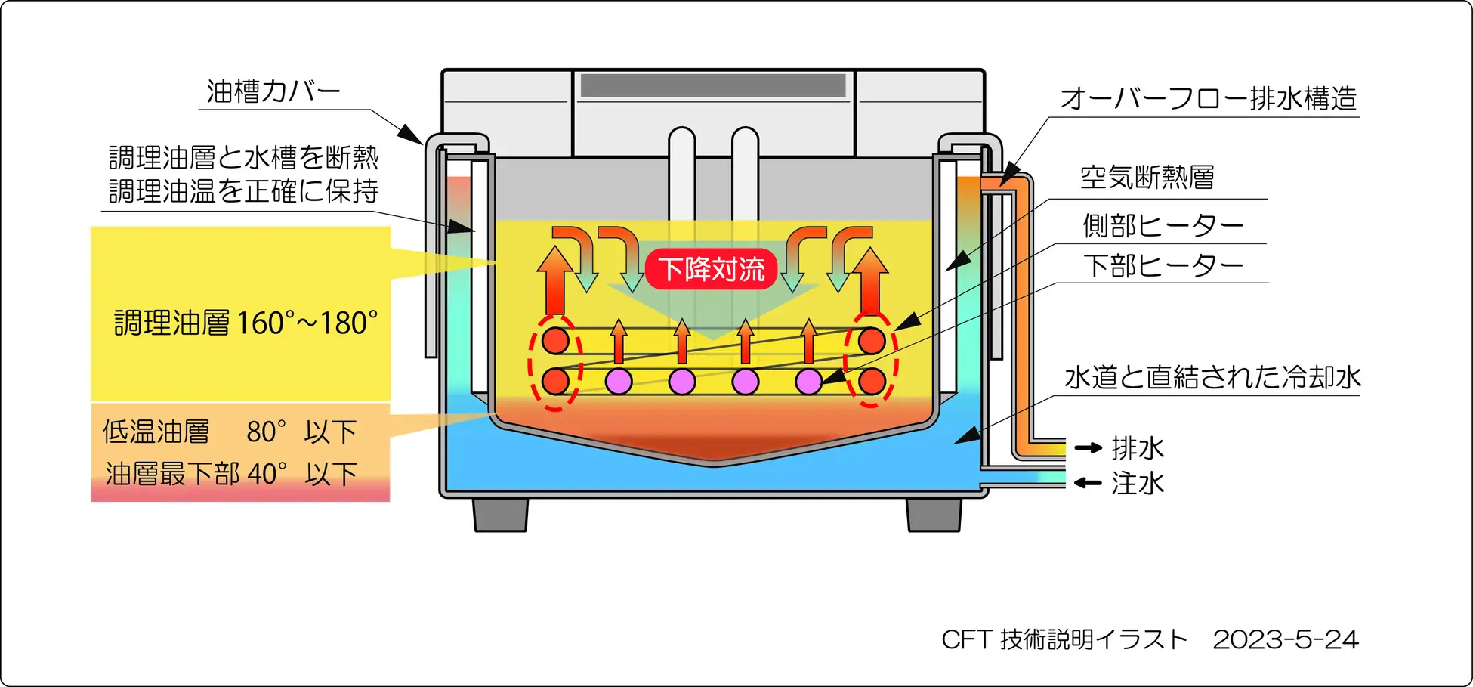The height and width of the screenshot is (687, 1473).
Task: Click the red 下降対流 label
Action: pos(711,269)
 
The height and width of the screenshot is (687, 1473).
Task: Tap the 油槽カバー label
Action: pos(273,92)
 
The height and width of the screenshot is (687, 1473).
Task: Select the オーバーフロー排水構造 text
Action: pos(1208,99)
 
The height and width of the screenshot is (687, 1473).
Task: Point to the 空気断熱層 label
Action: pos(1147,178)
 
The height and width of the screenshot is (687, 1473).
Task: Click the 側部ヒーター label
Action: pos(1163,225)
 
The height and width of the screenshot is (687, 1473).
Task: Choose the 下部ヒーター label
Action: pos(1163,265)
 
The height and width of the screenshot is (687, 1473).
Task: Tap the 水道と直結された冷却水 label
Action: pos(1212,377)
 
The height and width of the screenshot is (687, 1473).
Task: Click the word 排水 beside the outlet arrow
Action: pos(1138,448)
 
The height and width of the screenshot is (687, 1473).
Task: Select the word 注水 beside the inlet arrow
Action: pos(1138,483)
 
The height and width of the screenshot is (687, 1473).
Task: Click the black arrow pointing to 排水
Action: pos(1089,448)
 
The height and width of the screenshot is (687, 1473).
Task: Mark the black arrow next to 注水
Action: pos(1089,483)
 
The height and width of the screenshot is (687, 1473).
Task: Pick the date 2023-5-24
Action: pos(1286,640)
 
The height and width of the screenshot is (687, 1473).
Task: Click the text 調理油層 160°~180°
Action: pos(246,323)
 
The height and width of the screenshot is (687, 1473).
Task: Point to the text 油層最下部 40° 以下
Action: pos(231,474)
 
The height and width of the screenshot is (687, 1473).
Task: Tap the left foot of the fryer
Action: pos(500,514)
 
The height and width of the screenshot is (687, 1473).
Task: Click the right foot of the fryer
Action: pos(934,514)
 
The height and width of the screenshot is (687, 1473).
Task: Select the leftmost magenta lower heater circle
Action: pos(619,382)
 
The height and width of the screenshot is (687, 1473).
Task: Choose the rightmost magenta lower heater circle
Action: pos(808,382)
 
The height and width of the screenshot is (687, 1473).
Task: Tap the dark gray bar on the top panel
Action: pos(712,85)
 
